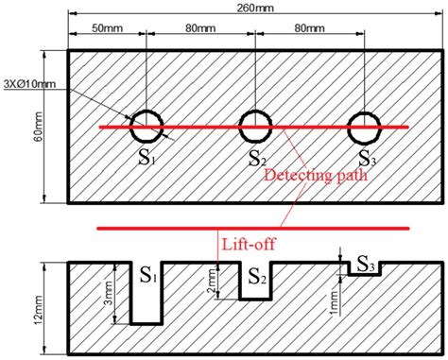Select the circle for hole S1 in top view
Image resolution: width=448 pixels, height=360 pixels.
(146, 123)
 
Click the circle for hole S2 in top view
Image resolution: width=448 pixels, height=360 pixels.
(256, 123)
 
